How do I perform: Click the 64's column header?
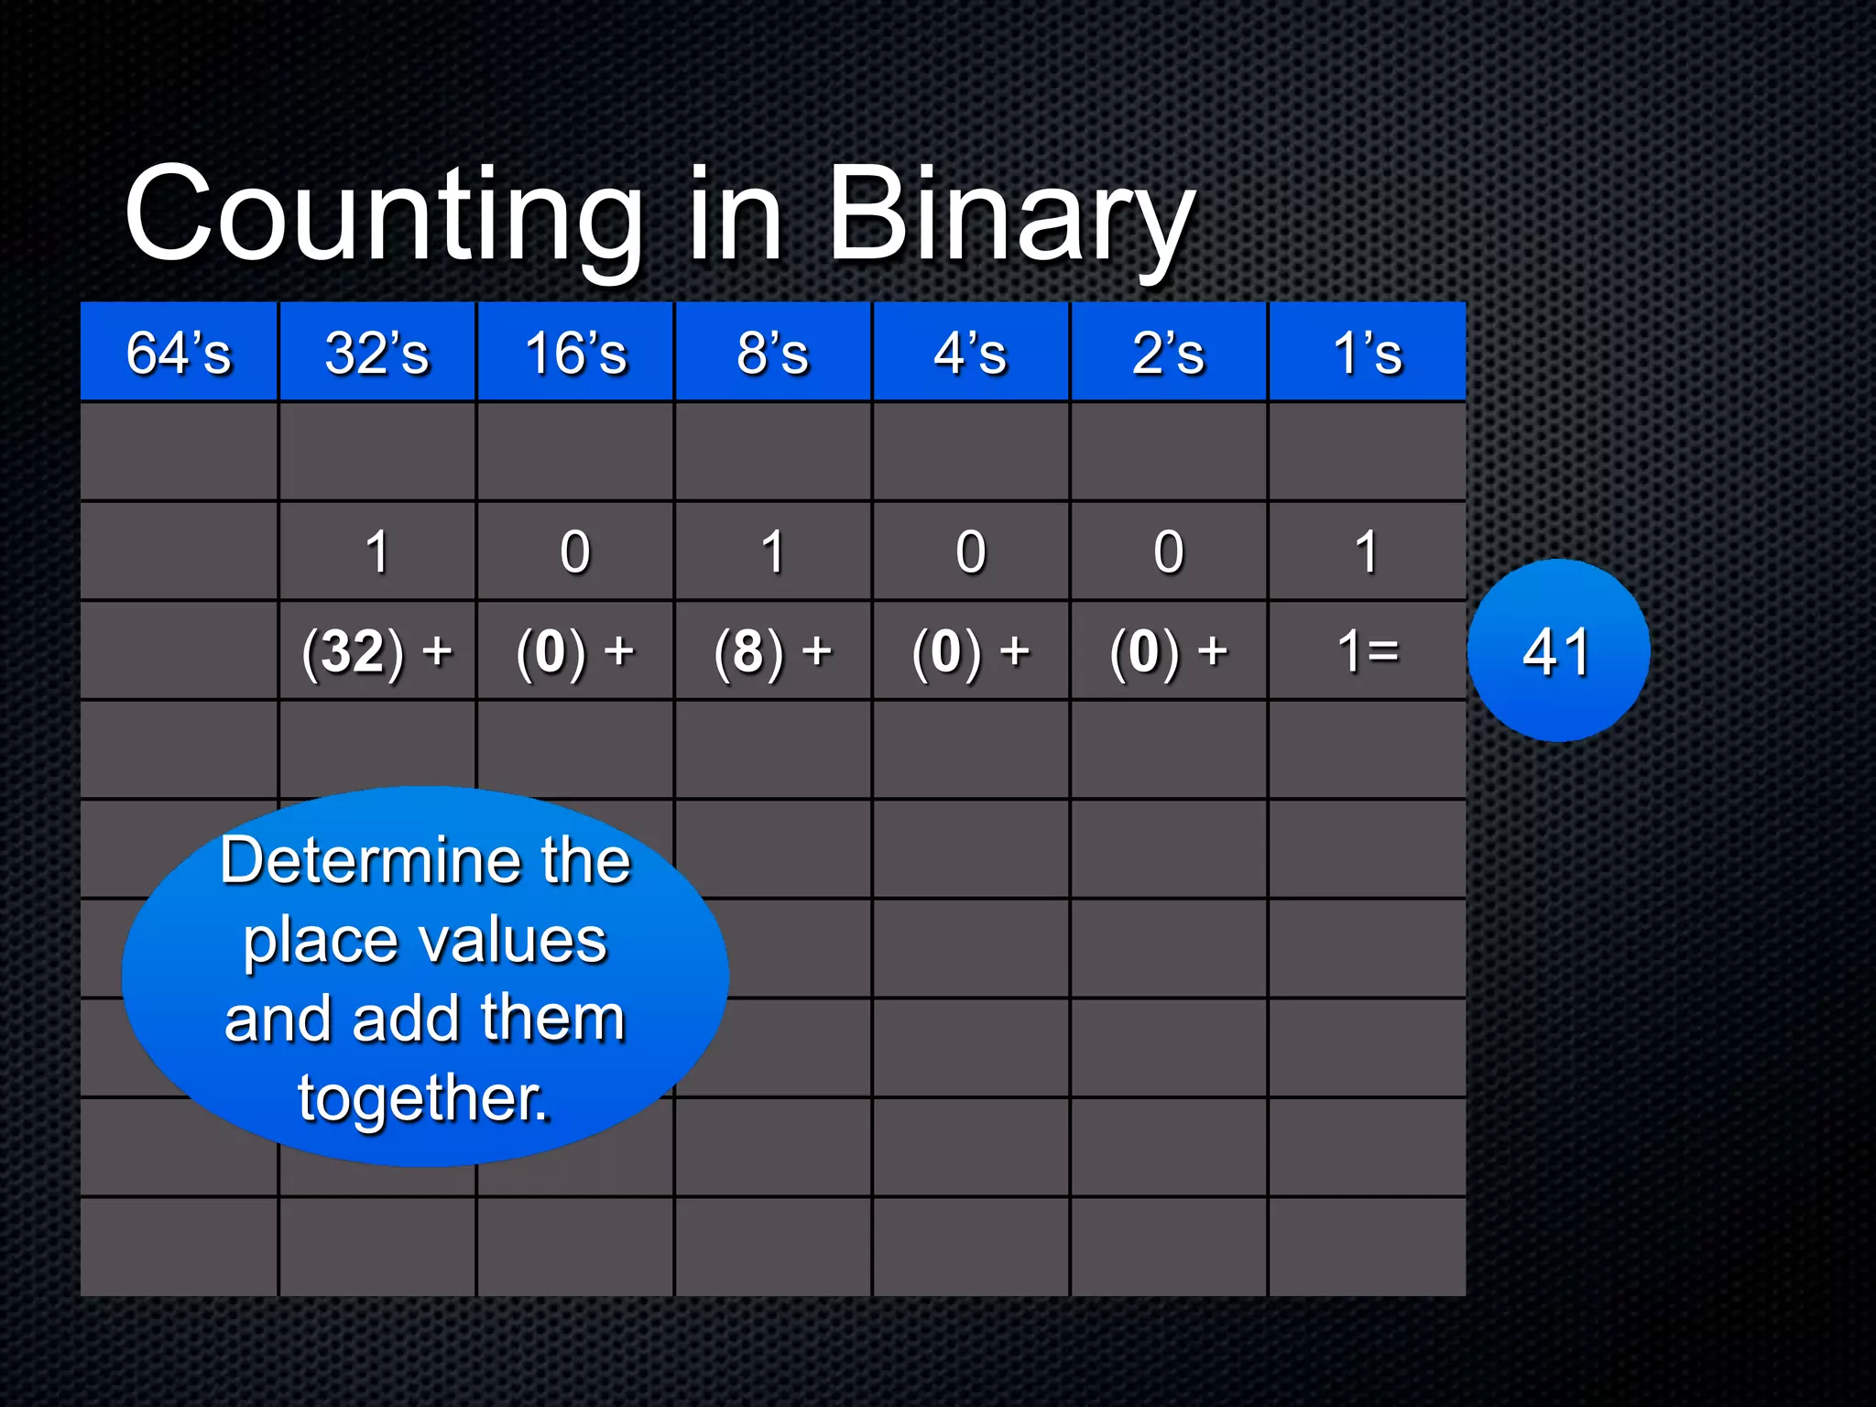[180, 353]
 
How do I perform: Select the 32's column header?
[377, 353]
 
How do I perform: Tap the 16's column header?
[575, 353]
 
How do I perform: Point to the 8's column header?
[773, 353]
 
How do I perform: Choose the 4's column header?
[971, 353]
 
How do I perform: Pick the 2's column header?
[1169, 353]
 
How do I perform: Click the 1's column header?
[1367, 353]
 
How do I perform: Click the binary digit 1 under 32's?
[377, 552]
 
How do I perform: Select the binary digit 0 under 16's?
[575, 552]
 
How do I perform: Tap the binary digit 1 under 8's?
[773, 552]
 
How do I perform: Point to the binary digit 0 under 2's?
[1169, 552]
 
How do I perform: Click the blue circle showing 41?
[1558, 650]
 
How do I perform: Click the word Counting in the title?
[385, 215]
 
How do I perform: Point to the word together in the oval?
[421, 1097]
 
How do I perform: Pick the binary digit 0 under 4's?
[971, 552]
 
